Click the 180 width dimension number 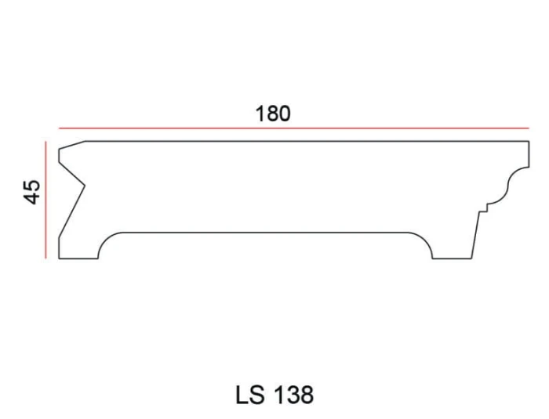tap(273, 114)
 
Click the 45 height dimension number tap(32, 192)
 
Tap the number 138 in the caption tap(293, 395)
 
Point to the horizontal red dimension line tap(294, 128)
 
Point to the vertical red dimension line tap(45, 200)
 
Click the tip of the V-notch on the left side tap(85, 185)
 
